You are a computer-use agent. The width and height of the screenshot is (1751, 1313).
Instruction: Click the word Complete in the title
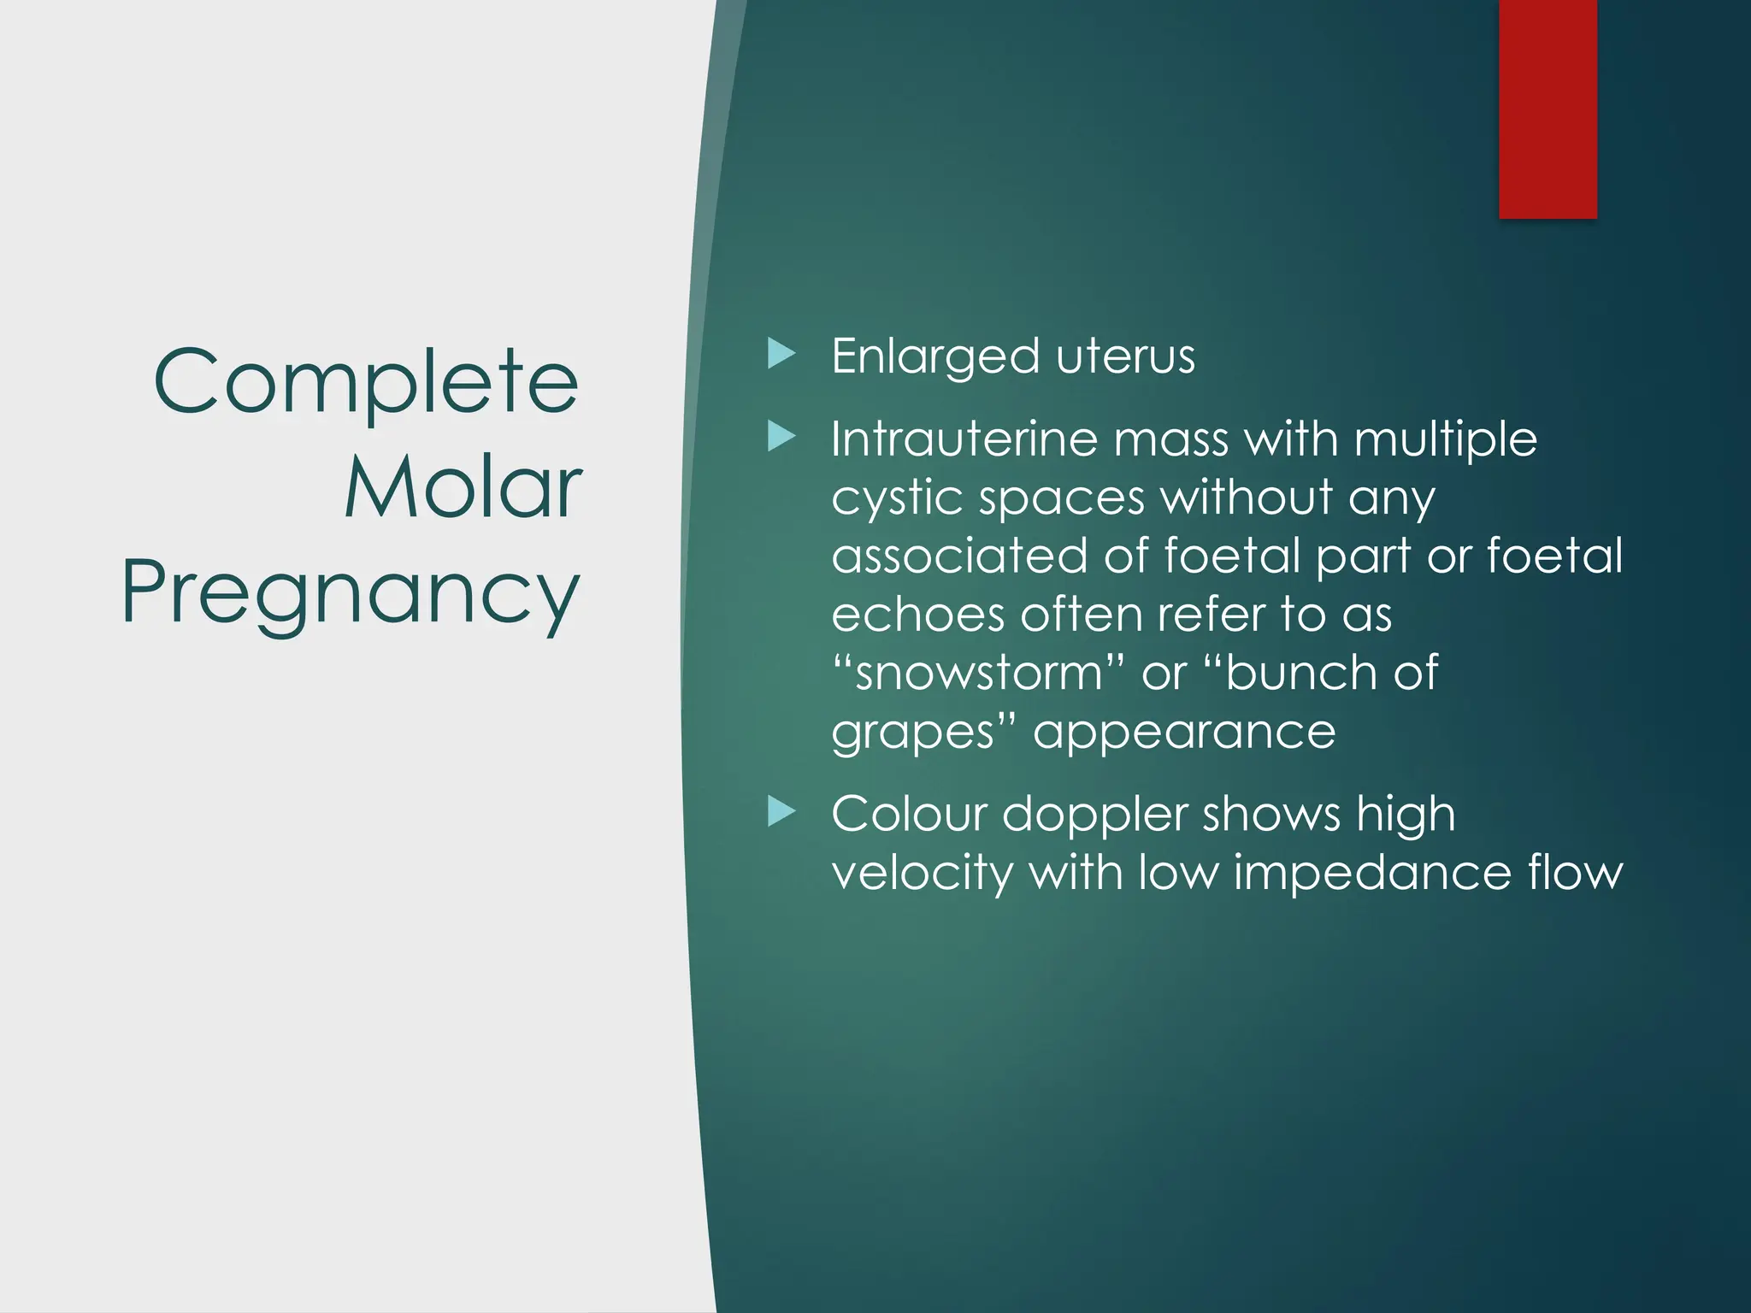366,382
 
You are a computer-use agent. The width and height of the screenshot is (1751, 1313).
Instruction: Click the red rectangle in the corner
1548,109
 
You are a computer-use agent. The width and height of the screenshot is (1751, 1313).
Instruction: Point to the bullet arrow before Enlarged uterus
781,354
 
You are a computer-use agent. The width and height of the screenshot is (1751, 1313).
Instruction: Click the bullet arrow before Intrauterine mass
781,437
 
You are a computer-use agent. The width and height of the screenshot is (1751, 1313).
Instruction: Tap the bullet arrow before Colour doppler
781,811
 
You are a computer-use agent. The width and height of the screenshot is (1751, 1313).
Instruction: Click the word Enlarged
935,357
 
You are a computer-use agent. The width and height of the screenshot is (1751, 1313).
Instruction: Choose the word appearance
1184,733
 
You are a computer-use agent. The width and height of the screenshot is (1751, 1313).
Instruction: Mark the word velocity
922,874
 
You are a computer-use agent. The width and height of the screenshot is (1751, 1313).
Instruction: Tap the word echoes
918,615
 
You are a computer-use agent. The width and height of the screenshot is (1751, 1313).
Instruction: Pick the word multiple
1446,441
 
